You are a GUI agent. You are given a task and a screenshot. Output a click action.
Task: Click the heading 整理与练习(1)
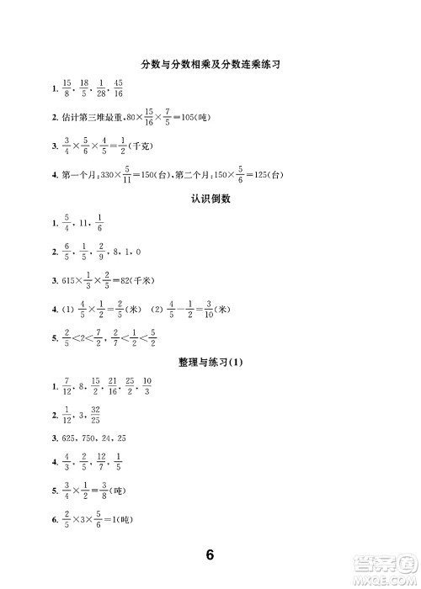pyautogui.click(x=210, y=363)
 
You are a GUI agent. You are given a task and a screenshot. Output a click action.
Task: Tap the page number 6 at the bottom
pyautogui.click(x=210, y=555)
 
